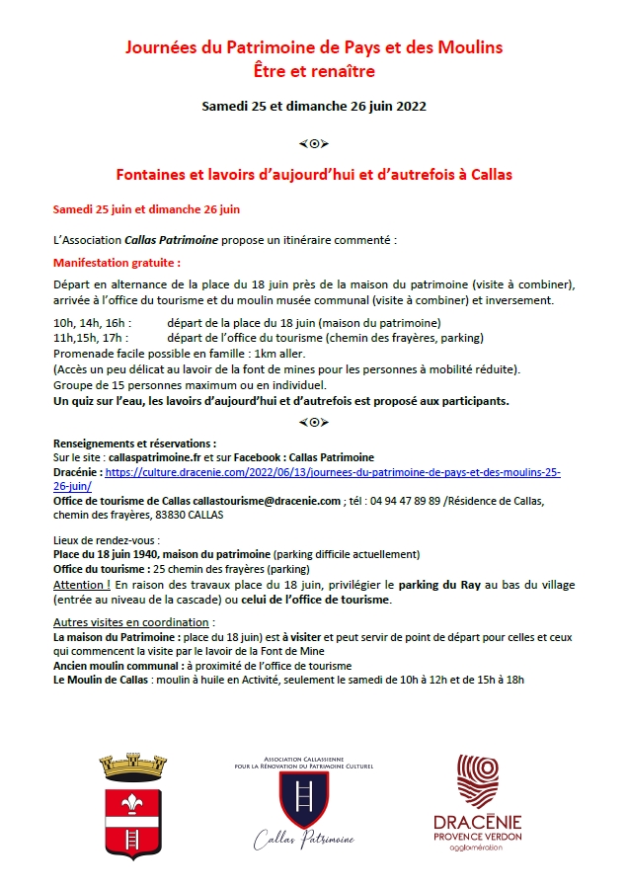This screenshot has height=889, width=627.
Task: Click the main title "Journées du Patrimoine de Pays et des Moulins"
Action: click(x=313, y=47)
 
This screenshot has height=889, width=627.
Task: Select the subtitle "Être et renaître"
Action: click(x=313, y=71)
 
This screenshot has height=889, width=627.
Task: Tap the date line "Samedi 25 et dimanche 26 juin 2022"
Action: click(x=313, y=106)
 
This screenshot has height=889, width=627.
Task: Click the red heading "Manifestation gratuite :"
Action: click(x=117, y=264)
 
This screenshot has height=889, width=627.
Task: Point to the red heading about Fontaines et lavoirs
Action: click(x=313, y=174)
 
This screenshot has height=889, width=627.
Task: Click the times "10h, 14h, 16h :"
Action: click(x=91, y=323)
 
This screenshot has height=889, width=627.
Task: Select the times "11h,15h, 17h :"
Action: click(x=90, y=338)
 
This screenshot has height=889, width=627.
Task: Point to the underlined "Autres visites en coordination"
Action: click(x=130, y=622)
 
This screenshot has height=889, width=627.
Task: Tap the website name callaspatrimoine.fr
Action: click(x=163, y=458)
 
